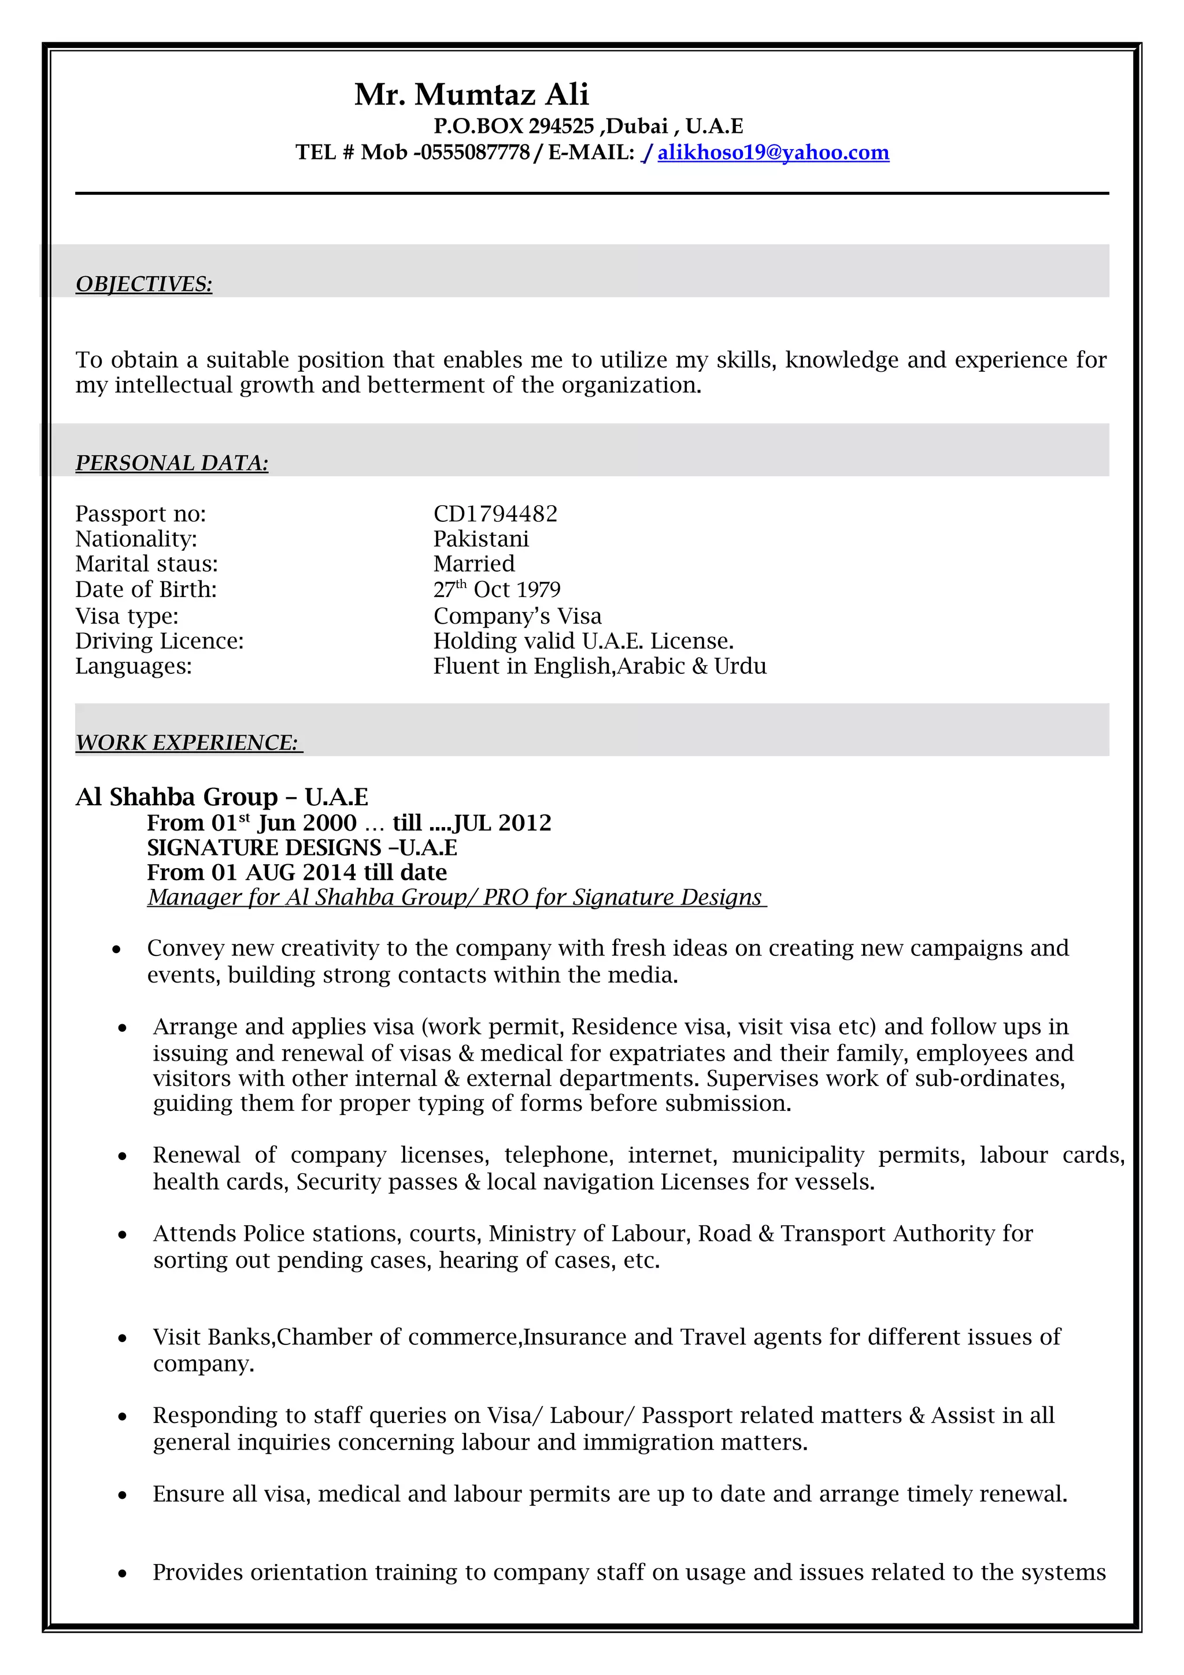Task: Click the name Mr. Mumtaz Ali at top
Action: tap(471, 95)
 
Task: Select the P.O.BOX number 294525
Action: tap(561, 126)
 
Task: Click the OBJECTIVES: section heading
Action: tap(144, 284)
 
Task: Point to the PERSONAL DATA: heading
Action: tap(172, 462)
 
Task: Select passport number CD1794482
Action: tap(495, 514)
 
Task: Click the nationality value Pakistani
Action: tap(481, 539)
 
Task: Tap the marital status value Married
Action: tap(474, 564)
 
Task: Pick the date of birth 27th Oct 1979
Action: tap(497, 590)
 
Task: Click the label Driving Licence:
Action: tap(159, 640)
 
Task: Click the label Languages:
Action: tap(134, 666)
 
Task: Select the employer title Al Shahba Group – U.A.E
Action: tap(222, 796)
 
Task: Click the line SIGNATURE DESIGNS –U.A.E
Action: tap(302, 848)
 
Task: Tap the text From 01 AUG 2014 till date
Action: tap(297, 873)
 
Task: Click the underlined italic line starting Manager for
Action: tap(456, 897)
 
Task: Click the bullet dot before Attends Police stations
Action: tap(123, 1235)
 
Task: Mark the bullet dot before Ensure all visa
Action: tap(123, 1495)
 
